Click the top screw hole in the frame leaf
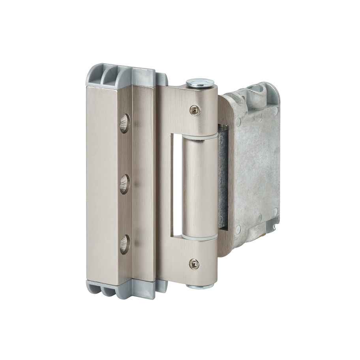point(124,123)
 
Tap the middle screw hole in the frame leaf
point(124,184)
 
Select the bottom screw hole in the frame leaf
point(124,244)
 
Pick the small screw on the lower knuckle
point(193,264)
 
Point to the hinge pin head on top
point(200,83)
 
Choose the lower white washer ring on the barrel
point(199,237)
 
